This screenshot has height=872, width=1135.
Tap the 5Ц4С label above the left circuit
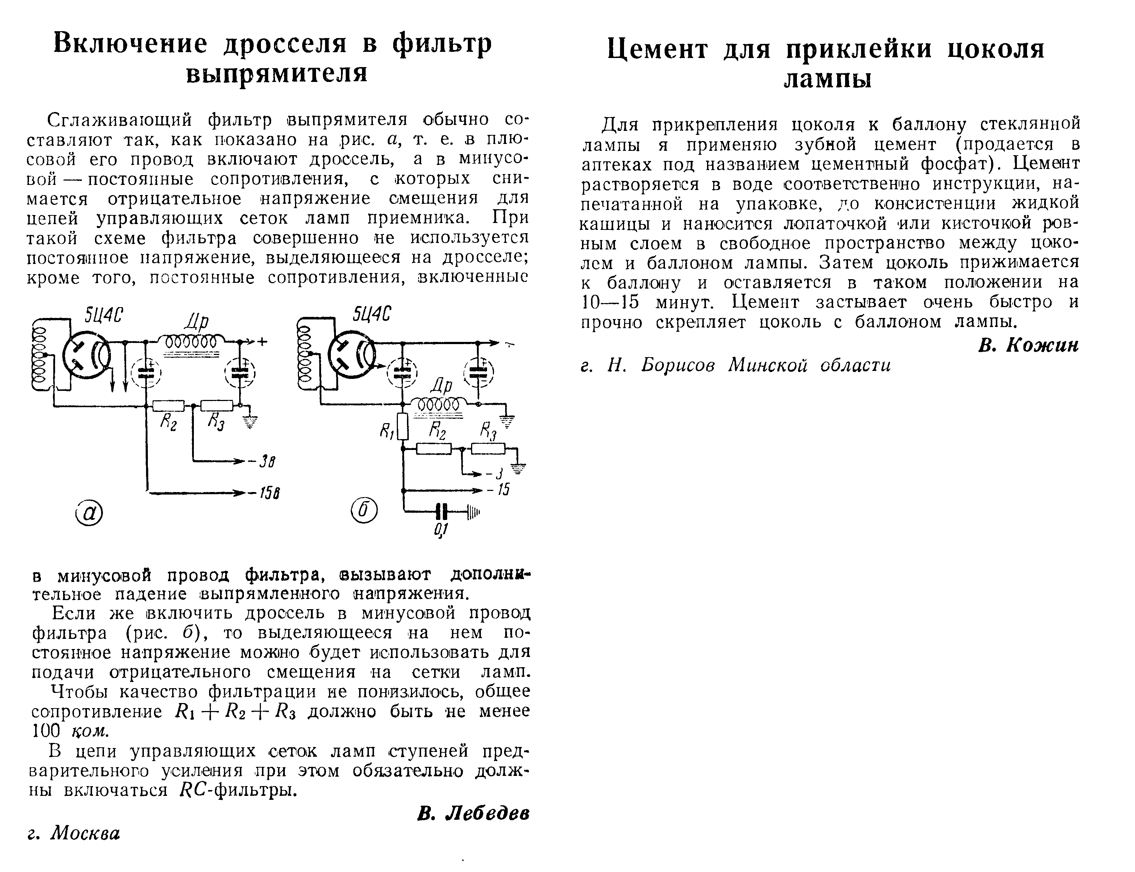pyautogui.click(x=104, y=315)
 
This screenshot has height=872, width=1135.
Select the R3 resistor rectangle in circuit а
pyautogui.click(x=217, y=405)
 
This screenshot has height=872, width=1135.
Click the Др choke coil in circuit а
pyautogui.click(x=191, y=342)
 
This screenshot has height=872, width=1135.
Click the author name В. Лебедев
pyautogui.click(x=473, y=813)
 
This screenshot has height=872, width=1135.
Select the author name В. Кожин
pyautogui.click(x=1028, y=345)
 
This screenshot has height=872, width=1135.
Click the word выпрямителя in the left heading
pyautogui.click(x=277, y=73)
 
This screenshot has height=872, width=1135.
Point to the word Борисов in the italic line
pyautogui.click(x=677, y=365)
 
